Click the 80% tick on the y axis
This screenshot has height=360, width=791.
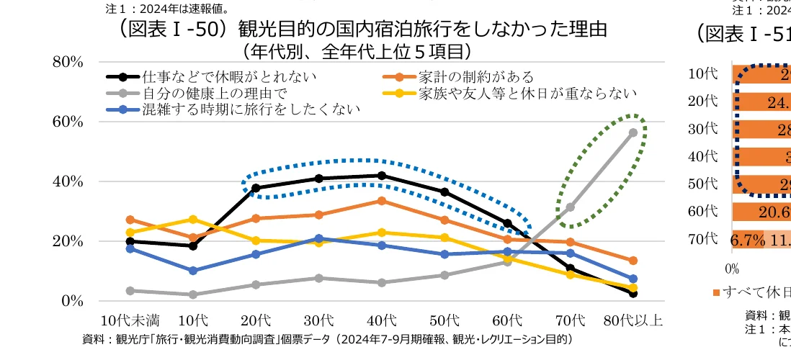(x=68, y=62)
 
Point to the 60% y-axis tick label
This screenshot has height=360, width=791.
(x=68, y=122)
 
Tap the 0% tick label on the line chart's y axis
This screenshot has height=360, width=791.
(x=71, y=301)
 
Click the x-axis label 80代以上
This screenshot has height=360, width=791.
(x=633, y=320)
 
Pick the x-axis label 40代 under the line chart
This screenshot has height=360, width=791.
(x=381, y=320)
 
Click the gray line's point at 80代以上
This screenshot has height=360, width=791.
(x=633, y=132)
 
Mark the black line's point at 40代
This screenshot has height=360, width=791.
(x=381, y=176)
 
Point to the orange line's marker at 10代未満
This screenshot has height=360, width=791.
(x=130, y=220)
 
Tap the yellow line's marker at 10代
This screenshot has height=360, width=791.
(x=192, y=219)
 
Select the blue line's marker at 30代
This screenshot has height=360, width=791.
(x=318, y=238)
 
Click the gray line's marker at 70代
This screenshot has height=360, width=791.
(x=570, y=207)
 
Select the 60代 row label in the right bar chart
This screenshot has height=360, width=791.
(x=702, y=211)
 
